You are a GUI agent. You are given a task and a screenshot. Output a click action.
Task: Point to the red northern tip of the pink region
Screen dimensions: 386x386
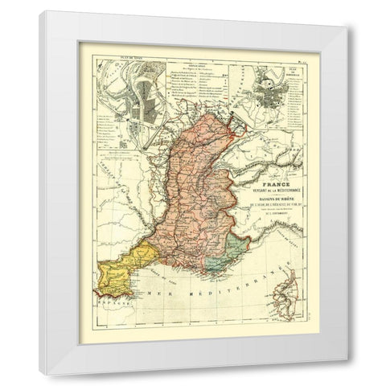[232, 123]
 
